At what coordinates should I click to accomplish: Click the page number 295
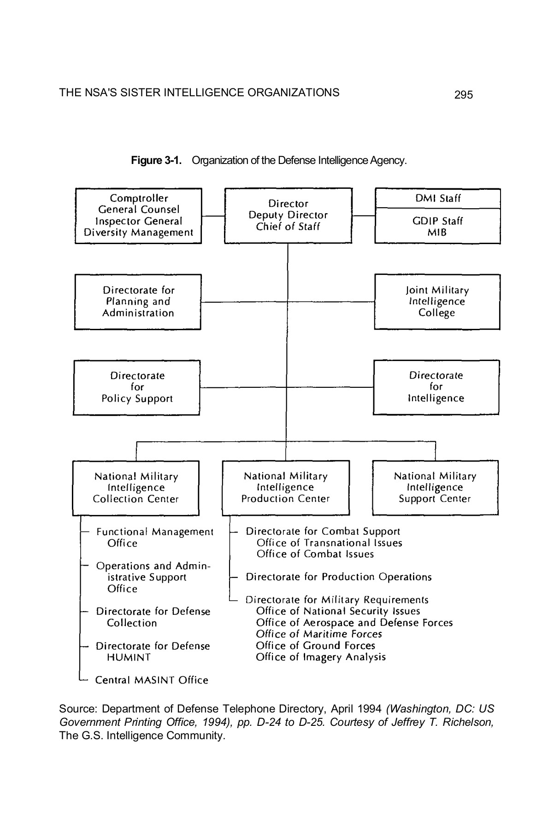(463, 95)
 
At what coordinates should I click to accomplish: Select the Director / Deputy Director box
(288, 215)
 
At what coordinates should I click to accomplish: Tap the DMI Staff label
(437, 198)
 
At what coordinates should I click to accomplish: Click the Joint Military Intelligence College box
(437, 302)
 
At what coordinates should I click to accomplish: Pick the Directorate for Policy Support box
(137, 387)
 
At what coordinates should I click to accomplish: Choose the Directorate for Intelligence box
(436, 387)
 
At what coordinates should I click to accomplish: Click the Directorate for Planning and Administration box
(138, 302)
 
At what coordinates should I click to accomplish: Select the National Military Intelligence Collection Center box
(136, 488)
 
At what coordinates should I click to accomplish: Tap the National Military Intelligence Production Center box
(286, 487)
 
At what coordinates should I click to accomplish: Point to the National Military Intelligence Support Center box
(435, 487)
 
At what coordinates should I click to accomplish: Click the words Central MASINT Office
(152, 680)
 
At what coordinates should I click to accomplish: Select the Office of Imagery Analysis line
(321, 657)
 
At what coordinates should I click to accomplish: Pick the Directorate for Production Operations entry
(338, 577)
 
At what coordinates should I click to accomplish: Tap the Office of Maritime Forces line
(319, 634)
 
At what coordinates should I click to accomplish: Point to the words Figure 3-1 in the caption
(156, 160)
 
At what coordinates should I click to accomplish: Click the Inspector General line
(138, 221)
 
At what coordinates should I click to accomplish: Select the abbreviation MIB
(437, 233)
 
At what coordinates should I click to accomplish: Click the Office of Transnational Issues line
(329, 543)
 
